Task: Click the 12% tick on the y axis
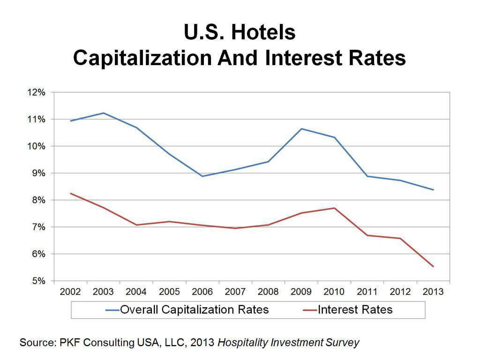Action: [x=36, y=92]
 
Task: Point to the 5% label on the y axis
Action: [x=37, y=281]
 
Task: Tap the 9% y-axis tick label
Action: [x=37, y=173]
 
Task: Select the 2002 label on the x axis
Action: [x=70, y=292]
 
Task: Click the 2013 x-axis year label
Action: [x=433, y=292]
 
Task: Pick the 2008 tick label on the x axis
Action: [x=268, y=292]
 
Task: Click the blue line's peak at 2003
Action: [x=104, y=113]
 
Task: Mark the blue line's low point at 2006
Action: [x=202, y=176]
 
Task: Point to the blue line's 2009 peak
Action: [x=301, y=128]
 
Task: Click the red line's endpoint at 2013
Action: [x=433, y=267]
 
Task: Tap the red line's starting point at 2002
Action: [x=70, y=193]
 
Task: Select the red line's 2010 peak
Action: [x=334, y=208]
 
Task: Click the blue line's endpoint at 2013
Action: [x=433, y=190]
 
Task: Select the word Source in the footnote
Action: [x=37, y=343]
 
